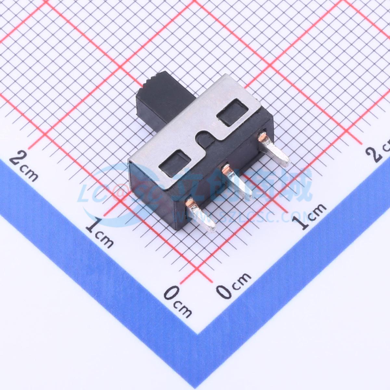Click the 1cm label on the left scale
click(99, 233)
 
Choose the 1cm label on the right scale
click(309, 216)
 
